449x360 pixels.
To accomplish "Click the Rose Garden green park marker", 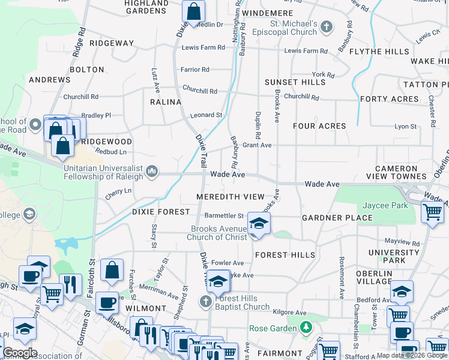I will [307, 328].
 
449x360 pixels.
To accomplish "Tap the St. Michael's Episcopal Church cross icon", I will [326, 27].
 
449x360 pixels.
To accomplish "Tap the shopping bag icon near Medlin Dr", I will [194, 11].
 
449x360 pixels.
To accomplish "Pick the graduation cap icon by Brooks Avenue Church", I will [259, 224].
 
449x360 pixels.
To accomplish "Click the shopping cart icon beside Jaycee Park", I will [432, 212].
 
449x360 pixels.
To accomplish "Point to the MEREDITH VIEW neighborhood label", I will [230, 197].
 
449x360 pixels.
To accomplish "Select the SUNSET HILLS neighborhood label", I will [295, 82].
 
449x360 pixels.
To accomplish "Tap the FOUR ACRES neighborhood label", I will [319, 126].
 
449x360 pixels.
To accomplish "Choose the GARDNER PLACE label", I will [337, 218].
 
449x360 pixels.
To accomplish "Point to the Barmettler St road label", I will [224, 216].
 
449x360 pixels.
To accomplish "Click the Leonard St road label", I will [206, 115].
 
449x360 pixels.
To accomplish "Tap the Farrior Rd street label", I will [194, 70].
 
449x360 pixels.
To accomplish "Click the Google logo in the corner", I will [20, 353].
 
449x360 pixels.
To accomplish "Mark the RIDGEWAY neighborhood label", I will [112, 43].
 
